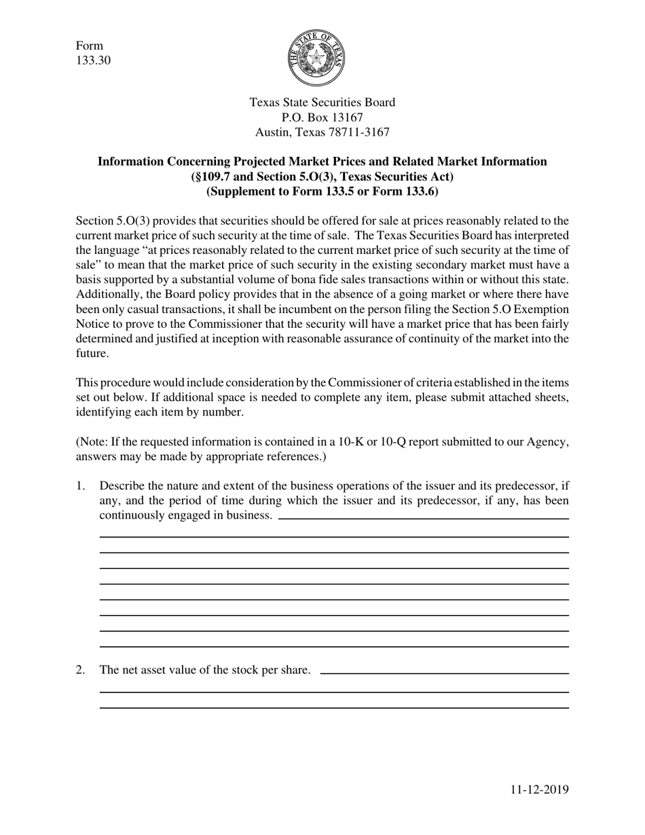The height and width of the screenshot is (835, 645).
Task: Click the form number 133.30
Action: point(93,60)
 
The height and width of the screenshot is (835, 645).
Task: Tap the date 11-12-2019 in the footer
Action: point(540,789)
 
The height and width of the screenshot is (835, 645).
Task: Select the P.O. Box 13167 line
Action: point(322,117)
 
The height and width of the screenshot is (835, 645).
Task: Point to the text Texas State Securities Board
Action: point(322,103)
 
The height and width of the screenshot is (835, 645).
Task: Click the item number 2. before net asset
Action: point(81,670)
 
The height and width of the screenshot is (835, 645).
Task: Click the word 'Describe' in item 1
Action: point(121,485)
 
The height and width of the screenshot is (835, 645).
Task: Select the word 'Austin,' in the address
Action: point(273,132)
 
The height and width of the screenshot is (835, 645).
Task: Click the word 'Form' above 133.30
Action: point(90,45)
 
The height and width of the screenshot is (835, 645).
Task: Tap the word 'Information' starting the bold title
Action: point(130,162)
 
